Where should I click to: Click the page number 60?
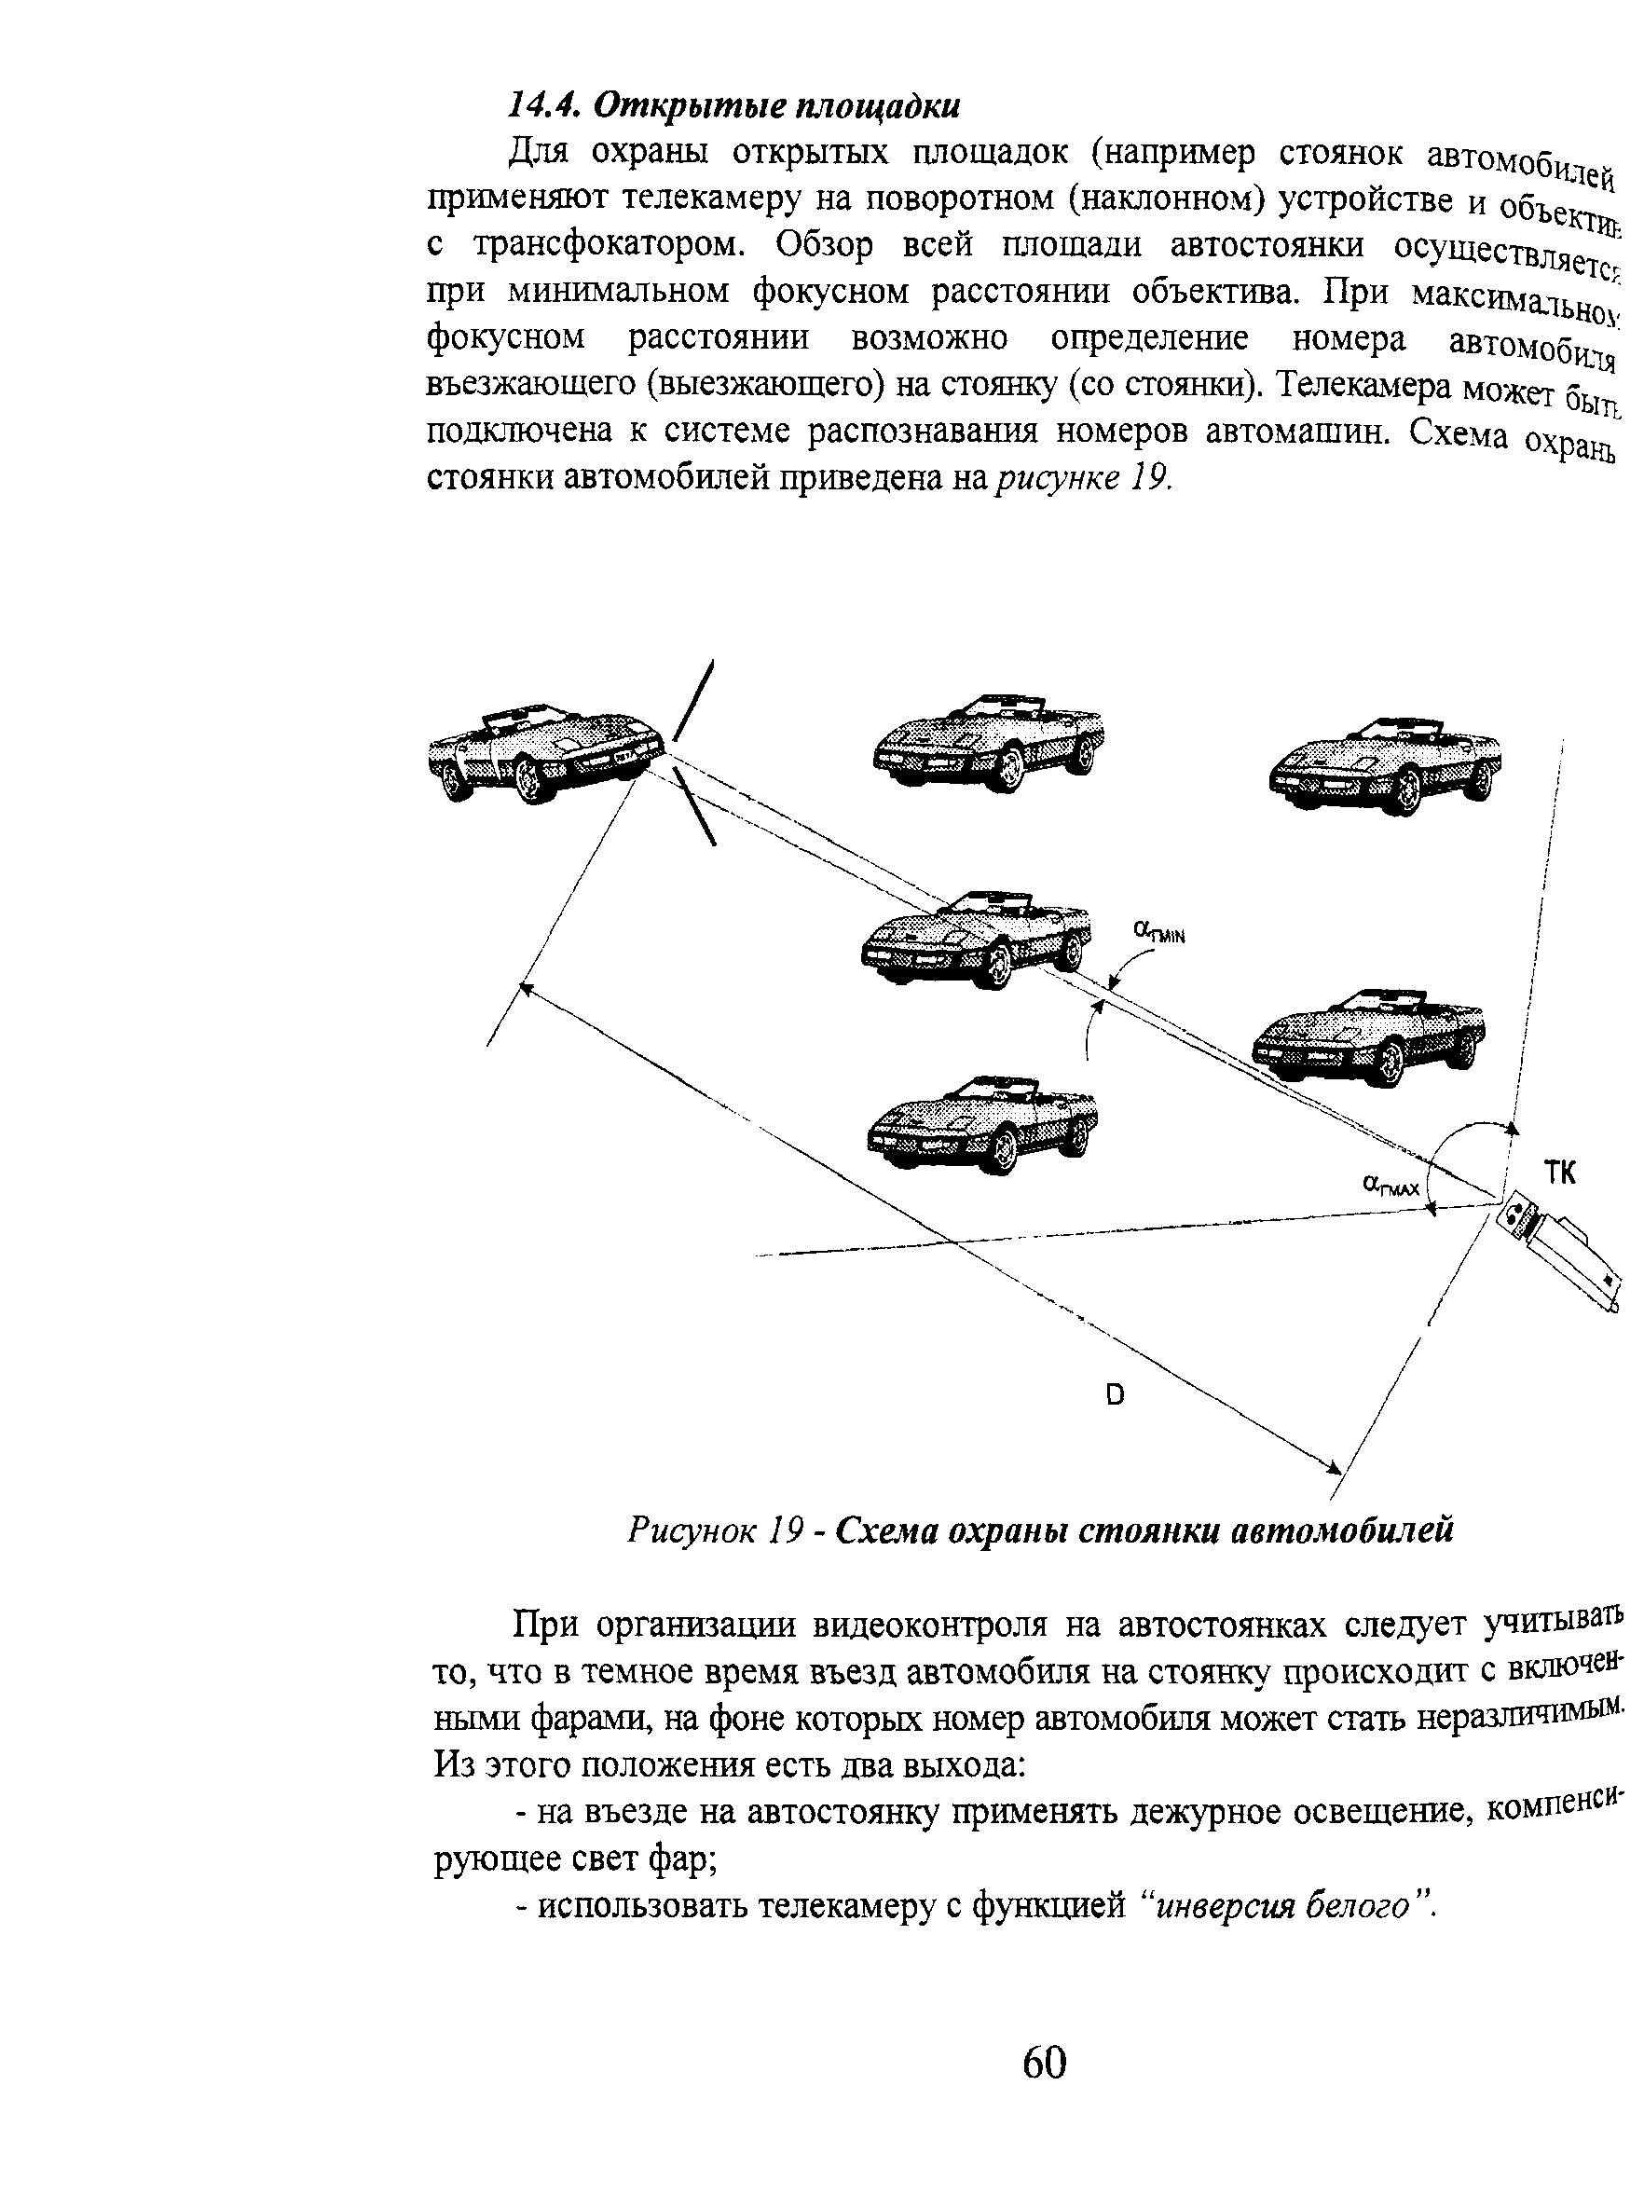click(x=1044, y=2063)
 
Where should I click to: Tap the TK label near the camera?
click(x=1559, y=1173)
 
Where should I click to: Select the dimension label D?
click(x=1115, y=1396)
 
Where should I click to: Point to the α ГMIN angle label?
click(x=1159, y=932)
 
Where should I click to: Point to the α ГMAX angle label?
click(x=1391, y=1185)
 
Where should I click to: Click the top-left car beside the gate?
click(x=543, y=754)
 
